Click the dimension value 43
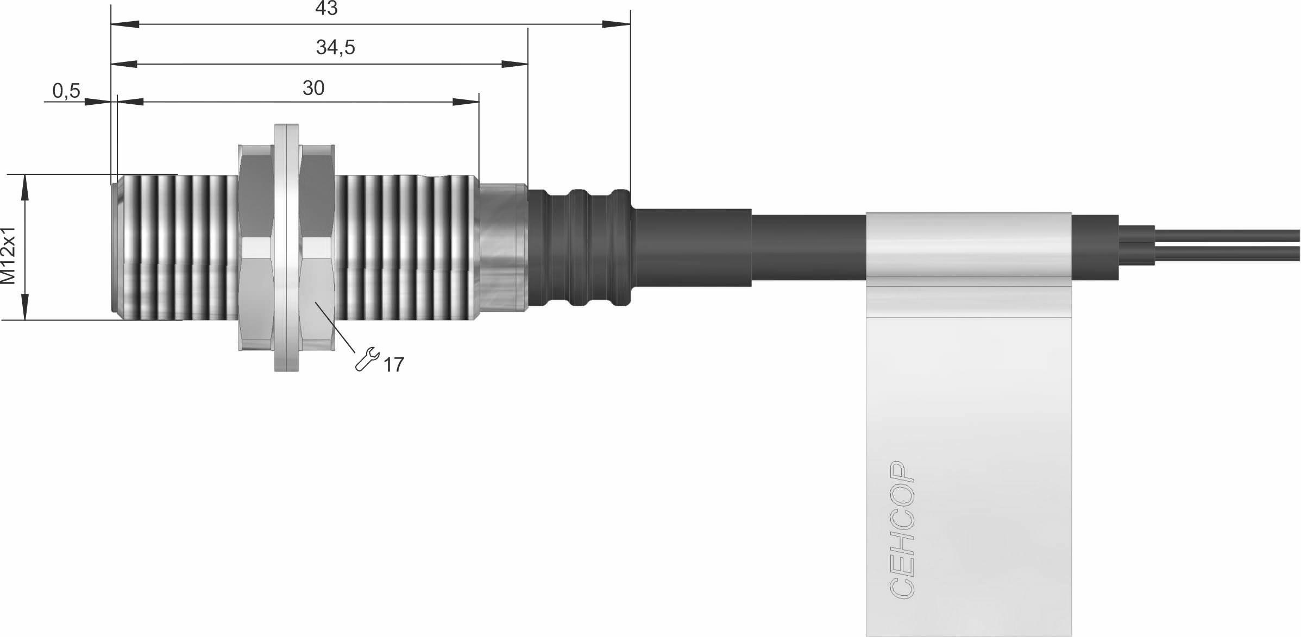click(326, 8)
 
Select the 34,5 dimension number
click(335, 48)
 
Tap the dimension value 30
click(313, 88)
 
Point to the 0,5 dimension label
click(66, 91)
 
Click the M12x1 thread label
click(9, 255)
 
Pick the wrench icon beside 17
click(367, 359)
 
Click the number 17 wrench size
click(394, 365)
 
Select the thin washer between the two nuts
click(286, 248)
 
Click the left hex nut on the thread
click(255, 248)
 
